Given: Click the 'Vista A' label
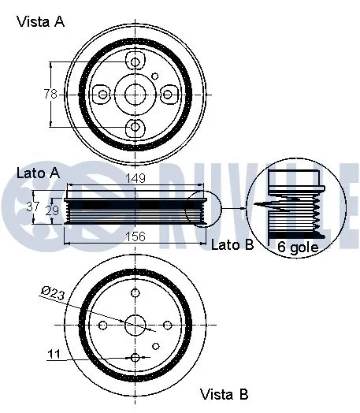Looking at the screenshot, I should tap(40, 22).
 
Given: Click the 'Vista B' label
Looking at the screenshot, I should tap(224, 393).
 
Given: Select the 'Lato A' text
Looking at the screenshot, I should tap(37, 172).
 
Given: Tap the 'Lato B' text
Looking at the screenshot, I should tap(232, 245).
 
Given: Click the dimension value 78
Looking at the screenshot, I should tap(50, 94).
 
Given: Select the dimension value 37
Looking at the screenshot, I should tap(32, 207).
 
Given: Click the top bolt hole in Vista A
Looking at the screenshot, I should tap(135, 62).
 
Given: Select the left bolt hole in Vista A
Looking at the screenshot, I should tap(102, 95).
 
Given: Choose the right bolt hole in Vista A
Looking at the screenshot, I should tap(168, 95).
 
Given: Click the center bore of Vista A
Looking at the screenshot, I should tap(135, 95).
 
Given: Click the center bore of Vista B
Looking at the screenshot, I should tap(135, 324).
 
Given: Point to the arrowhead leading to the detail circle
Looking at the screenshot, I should tap(240, 208).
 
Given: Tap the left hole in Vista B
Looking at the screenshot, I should tap(103, 324).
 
